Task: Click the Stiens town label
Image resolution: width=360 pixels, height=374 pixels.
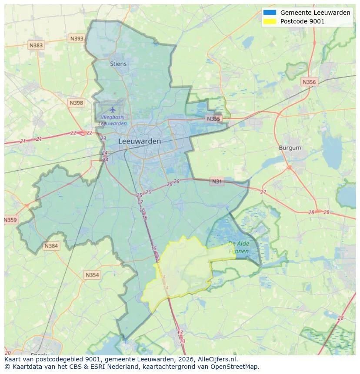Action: point(118,64)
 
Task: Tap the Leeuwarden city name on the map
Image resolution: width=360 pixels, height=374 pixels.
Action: point(140,141)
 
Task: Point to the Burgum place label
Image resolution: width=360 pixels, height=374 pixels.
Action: point(290,148)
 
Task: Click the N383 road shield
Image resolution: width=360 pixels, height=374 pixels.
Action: point(36,45)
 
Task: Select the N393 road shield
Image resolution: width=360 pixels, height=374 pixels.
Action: point(77,39)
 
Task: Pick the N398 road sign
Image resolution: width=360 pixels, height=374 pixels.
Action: point(76,103)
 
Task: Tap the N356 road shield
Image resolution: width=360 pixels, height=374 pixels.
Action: point(309,82)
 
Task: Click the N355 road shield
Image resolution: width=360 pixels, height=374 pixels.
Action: point(213,119)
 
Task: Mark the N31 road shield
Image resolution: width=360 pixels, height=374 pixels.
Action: point(217,182)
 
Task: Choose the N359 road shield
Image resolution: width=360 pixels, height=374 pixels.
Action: point(10,220)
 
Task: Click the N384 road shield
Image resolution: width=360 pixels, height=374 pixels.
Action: point(51,246)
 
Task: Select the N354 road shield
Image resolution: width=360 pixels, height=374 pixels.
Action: point(92,275)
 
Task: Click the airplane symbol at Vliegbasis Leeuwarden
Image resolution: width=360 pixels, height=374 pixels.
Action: point(113,109)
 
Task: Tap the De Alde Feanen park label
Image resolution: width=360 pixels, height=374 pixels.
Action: point(238,247)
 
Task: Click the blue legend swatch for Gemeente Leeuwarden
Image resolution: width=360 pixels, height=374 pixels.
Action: point(270,13)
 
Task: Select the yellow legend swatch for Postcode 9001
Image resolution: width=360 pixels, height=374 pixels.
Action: point(270,21)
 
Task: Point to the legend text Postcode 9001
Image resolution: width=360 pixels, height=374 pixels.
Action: point(302,21)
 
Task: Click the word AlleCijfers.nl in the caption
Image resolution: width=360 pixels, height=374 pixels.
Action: point(216,359)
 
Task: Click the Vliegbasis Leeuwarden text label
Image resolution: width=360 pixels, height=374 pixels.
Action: point(112,120)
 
